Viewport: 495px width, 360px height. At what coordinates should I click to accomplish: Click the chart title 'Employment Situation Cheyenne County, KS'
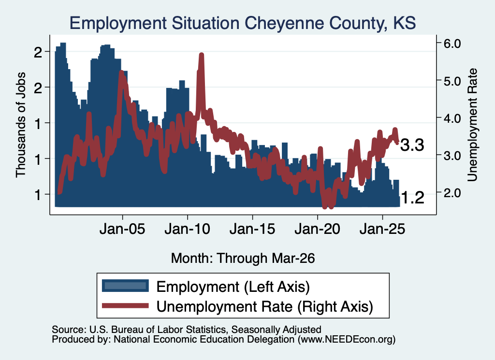pyautogui.click(x=243, y=23)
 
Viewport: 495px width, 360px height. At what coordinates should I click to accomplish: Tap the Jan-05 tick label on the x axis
pyautogui.click(x=122, y=229)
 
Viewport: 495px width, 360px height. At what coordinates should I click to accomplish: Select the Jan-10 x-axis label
pyautogui.click(x=188, y=229)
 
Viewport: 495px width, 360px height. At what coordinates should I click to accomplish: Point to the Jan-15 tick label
pyautogui.click(x=252, y=229)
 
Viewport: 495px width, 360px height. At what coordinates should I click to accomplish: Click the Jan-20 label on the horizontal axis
pyautogui.click(x=318, y=229)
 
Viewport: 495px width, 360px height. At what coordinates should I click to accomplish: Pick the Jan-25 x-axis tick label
pyautogui.click(x=382, y=229)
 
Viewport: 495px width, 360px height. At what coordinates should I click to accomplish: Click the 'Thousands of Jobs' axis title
pyautogui.click(x=20, y=125)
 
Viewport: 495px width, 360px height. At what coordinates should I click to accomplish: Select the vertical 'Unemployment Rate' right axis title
pyautogui.click(x=472, y=125)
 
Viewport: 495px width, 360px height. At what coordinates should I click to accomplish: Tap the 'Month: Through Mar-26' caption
pyautogui.click(x=243, y=258)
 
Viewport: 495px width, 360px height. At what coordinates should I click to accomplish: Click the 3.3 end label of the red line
pyautogui.click(x=412, y=145)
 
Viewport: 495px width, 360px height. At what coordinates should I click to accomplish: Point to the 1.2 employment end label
pyautogui.click(x=412, y=198)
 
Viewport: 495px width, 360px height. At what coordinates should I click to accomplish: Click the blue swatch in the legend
pyautogui.click(x=125, y=286)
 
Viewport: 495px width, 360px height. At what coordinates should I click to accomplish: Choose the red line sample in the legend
pyautogui.click(x=125, y=305)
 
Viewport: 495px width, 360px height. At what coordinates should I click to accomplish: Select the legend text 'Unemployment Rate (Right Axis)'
pyautogui.click(x=265, y=306)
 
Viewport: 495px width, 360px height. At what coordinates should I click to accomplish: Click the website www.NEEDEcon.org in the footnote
pyautogui.click(x=347, y=340)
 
